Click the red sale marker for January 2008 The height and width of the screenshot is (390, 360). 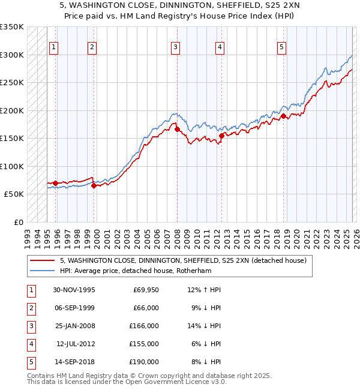point(177,129)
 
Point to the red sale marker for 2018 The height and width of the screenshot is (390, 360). point(284,116)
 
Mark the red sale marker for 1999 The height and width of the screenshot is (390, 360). point(94,185)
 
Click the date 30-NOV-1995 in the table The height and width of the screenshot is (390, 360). point(74,290)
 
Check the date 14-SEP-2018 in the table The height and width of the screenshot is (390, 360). point(74,362)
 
